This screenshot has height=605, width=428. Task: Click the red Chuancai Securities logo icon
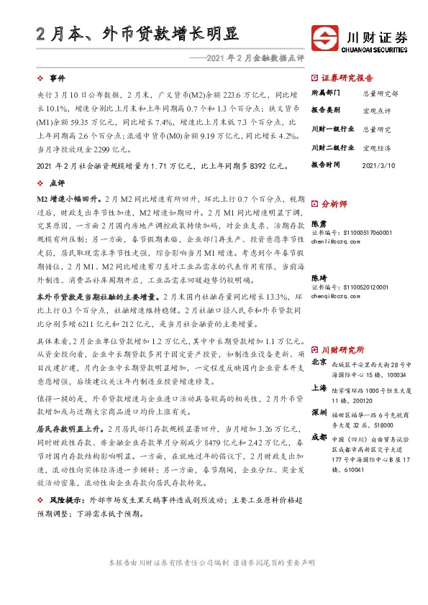click(325, 36)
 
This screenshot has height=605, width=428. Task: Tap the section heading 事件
click(58, 78)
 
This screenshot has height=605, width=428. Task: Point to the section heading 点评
click(58, 183)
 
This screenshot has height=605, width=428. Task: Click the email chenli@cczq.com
click(338, 241)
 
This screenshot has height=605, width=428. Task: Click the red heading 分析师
click(334, 204)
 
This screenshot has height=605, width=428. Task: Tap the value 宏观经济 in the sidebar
click(377, 147)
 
